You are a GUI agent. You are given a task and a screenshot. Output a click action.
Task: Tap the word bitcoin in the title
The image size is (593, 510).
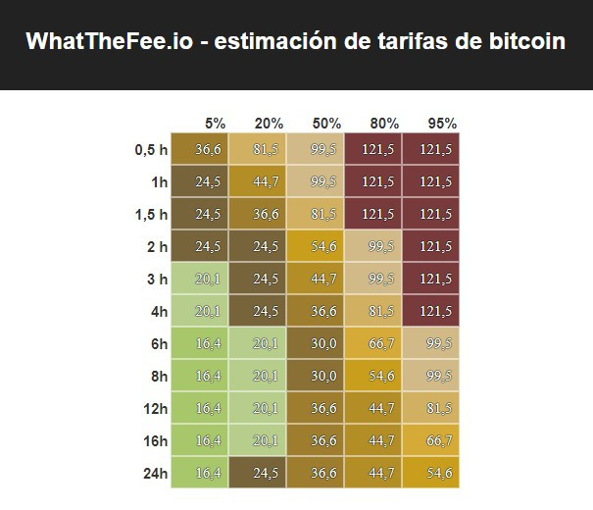click(519, 42)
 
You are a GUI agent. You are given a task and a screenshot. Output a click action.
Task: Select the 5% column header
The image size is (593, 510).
click(215, 124)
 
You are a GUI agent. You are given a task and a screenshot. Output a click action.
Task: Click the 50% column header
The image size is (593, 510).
click(326, 124)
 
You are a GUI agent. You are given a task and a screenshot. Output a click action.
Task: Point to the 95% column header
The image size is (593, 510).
click(442, 124)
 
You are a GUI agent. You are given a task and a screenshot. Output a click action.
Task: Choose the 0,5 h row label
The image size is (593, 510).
click(151, 150)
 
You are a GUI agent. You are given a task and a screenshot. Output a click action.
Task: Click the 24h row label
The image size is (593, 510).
click(154, 474)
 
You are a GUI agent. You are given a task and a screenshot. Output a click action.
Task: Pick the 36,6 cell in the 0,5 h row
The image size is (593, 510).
click(208, 150)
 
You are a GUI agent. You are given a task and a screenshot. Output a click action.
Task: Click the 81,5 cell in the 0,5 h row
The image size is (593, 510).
click(266, 150)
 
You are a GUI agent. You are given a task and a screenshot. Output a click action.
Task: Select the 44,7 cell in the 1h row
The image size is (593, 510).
click(266, 182)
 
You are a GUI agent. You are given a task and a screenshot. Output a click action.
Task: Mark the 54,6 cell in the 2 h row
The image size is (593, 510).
click(323, 247)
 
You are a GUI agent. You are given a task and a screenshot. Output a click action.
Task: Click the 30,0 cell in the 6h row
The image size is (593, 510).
click(323, 344)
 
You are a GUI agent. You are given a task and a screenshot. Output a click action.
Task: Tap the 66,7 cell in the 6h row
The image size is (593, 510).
click(380, 344)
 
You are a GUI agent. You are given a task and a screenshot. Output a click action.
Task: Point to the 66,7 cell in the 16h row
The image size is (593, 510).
click(436, 441)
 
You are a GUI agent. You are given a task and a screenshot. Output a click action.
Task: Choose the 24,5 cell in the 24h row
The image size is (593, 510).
click(266, 474)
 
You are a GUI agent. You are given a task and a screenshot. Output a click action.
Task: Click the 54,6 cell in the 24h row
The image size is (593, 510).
click(436, 474)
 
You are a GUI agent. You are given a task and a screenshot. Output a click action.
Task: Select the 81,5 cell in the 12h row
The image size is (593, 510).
click(436, 409)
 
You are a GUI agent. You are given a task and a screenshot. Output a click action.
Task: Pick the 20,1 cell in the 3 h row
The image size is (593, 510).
click(208, 280)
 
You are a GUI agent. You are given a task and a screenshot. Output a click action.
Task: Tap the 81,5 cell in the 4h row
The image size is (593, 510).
click(380, 312)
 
